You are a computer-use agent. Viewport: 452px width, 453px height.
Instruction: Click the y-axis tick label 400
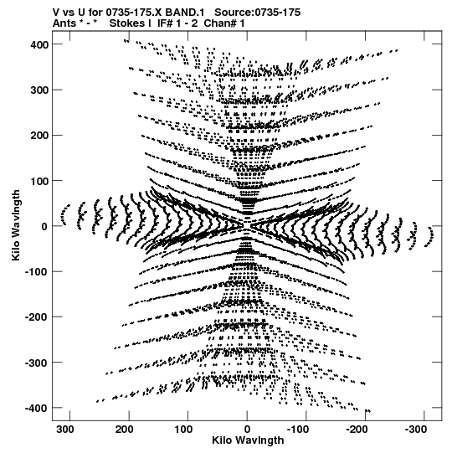coord(39,44)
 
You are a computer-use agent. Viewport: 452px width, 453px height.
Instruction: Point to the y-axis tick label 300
coord(39,90)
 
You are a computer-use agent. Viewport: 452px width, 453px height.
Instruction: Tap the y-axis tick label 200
coord(39,135)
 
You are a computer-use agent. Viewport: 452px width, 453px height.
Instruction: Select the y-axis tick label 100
coord(39,181)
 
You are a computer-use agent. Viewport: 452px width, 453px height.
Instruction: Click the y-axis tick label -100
coord(36,272)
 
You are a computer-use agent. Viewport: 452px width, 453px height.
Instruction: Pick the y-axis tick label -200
coord(36,317)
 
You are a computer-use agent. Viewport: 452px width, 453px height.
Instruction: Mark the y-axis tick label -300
coord(36,363)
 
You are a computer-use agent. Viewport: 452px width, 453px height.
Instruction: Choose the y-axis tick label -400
coord(36,408)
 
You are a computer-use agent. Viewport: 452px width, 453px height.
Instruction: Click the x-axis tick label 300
coord(65,430)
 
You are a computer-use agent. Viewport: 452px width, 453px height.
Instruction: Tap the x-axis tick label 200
coord(124,430)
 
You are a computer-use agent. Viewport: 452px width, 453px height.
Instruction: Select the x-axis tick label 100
coord(183,430)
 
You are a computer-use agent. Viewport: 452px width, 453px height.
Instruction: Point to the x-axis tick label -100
coord(298,430)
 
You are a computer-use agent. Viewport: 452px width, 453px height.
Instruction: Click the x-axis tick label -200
coord(357,430)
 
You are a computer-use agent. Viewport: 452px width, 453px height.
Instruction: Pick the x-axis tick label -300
coord(416,430)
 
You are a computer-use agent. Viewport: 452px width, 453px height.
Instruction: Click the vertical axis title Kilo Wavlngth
coord(16,225)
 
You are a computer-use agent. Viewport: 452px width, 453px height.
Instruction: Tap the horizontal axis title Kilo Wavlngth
coord(248,440)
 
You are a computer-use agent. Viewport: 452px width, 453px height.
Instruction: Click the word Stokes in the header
coord(130,23)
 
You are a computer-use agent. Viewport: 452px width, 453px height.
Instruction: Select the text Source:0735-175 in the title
coord(258,13)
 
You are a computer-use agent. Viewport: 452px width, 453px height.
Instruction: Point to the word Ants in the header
coord(64,23)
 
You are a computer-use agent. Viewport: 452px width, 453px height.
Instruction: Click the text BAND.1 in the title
coord(184,13)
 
